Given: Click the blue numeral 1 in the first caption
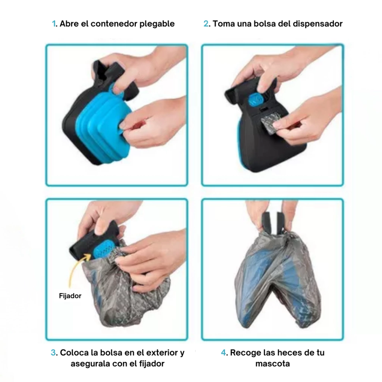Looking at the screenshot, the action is point(54,24).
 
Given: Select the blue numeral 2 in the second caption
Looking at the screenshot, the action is point(206,24).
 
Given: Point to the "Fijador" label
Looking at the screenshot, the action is point(70,296).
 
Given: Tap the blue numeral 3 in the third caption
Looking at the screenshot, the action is point(53,353).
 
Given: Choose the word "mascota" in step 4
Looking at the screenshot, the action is point(273,364).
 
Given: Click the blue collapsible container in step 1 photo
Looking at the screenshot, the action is point(102,124).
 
